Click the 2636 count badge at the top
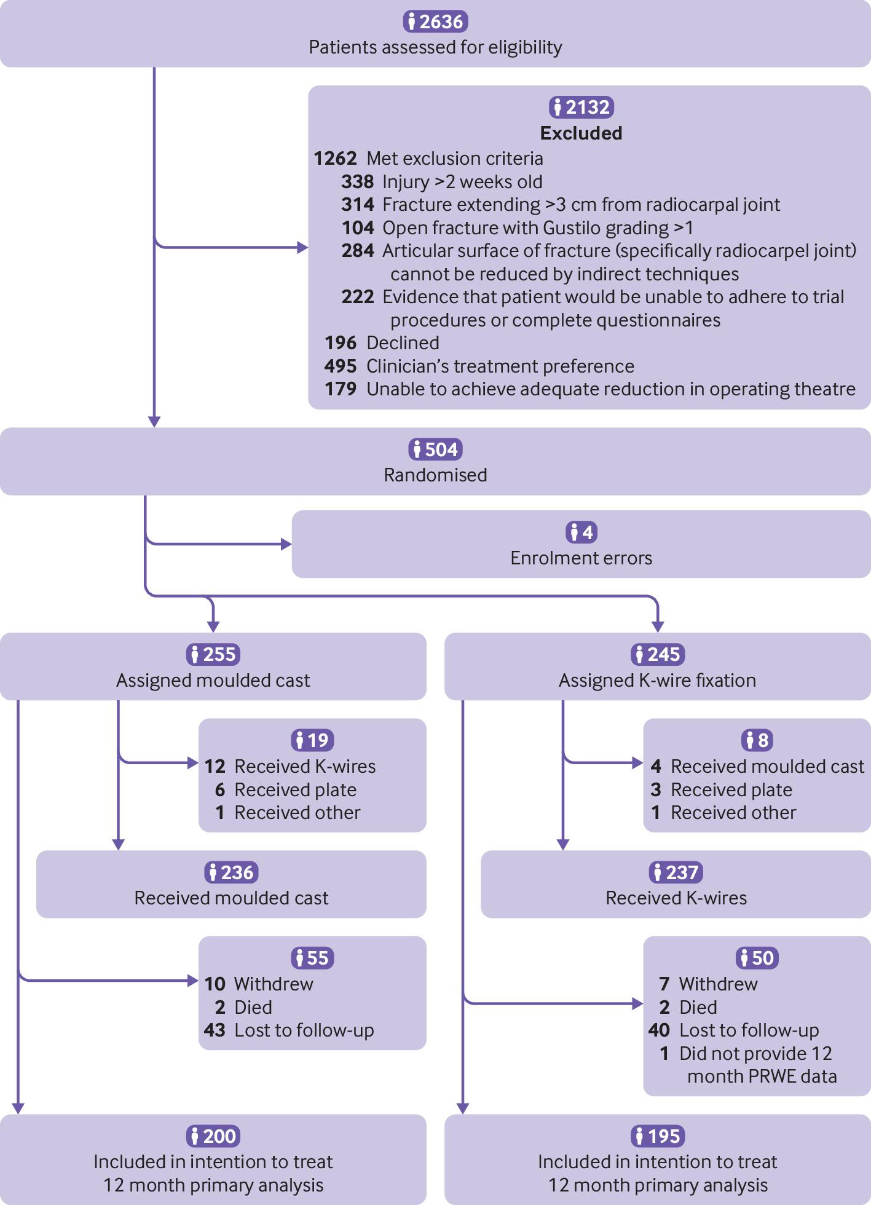click(435, 22)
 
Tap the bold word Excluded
click(581, 133)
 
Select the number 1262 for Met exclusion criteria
click(335, 159)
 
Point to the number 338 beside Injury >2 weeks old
click(358, 182)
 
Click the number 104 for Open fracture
click(358, 228)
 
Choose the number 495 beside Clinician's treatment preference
click(341, 366)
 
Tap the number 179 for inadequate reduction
click(341, 389)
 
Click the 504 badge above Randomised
click(435, 449)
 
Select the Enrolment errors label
click(581, 558)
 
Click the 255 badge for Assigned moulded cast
click(213, 654)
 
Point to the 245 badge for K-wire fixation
click(657, 654)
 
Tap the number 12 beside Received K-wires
click(215, 767)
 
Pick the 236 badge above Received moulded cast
click(231, 872)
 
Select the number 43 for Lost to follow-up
click(215, 1030)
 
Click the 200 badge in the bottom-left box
click(213, 1136)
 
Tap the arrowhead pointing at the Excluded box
click(302, 248)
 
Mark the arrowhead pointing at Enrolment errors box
click(286, 544)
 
